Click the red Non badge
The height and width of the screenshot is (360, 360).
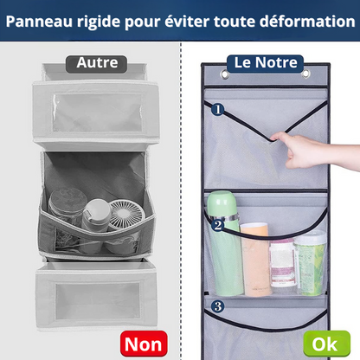(144, 344)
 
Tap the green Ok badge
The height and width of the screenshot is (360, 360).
(325, 344)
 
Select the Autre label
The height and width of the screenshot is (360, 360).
(97, 63)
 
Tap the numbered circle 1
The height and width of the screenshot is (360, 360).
(217, 111)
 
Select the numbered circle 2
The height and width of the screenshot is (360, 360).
(217, 225)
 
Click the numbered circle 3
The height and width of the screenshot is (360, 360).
(217, 305)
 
